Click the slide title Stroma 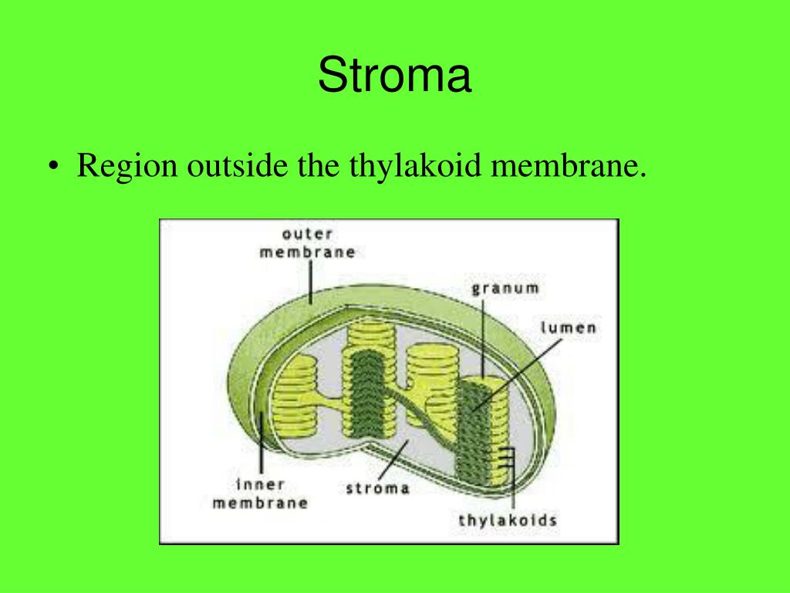click(x=394, y=77)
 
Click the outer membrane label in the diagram click(x=307, y=242)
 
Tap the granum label click(x=505, y=289)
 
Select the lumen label click(x=568, y=327)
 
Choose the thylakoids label click(x=508, y=520)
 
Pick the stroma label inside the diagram click(x=377, y=488)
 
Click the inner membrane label click(x=260, y=493)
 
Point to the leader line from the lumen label click(x=525, y=371)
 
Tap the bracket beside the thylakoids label click(x=511, y=463)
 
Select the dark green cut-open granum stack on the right click(x=478, y=425)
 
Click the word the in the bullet click(x=314, y=168)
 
